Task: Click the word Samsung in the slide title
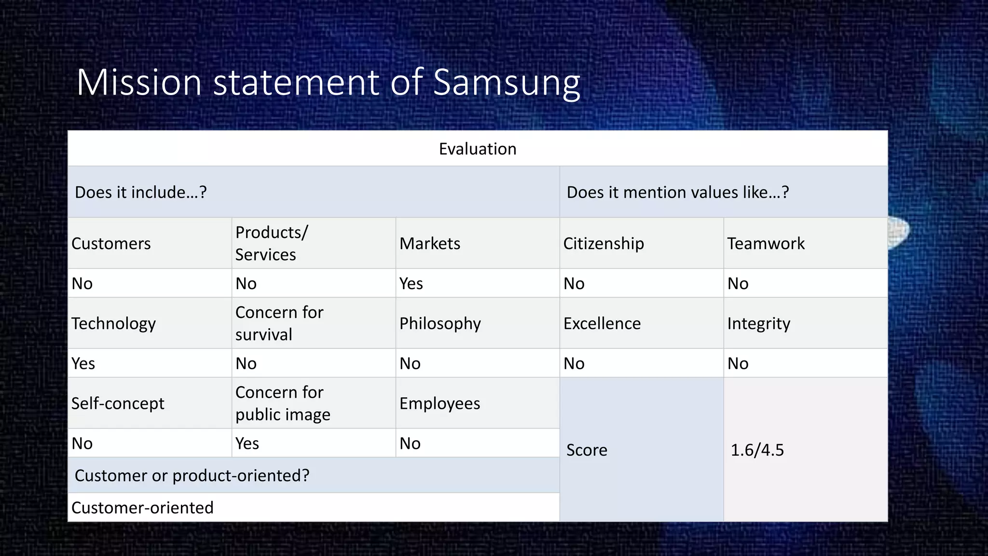pyautogui.click(x=507, y=83)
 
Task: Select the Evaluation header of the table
pyautogui.click(x=478, y=149)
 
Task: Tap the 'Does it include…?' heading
pyautogui.click(x=141, y=193)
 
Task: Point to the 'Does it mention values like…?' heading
pyautogui.click(x=678, y=193)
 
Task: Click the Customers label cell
pyautogui.click(x=111, y=244)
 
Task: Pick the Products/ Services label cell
pyautogui.click(x=271, y=244)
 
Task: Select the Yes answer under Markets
pyautogui.click(x=411, y=284)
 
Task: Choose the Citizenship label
pyautogui.click(x=604, y=244)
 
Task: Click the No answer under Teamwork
pyautogui.click(x=738, y=284)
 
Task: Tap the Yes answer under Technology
pyautogui.click(x=83, y=364)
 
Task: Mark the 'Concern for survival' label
pyautogui.click(x=279, y=323)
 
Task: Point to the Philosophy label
pyautogui.click(x=440, y=323)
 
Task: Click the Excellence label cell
pyautogui.click(x=602, y=323)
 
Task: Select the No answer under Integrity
pyautogui.click(x=738, y=364)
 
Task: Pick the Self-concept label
pyautogui.click(x=118, y=403)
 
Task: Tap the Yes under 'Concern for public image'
pyautogui.click(x=247, y=444)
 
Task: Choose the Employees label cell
pyautogui.click(x=439, y=403)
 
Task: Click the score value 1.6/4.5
pyautogui.click(x=757, y=450)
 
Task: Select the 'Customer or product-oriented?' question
pyautogui.click(x=192, y=476)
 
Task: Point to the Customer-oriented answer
pyautogui.click(x=142, y=508)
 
